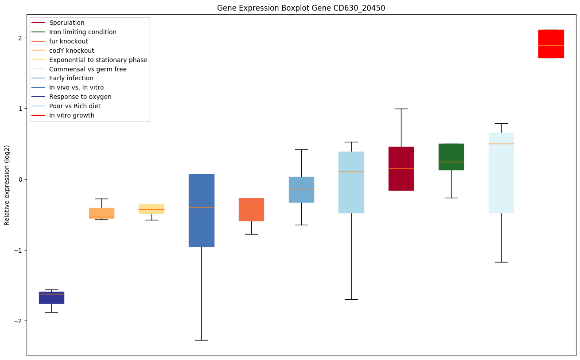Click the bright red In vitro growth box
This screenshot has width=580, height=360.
click(x=551, y=43)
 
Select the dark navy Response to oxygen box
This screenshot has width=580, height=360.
click(x=51, y=297)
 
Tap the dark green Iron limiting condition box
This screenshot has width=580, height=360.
click(x=451, y=157)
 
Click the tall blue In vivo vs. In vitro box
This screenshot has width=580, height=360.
click(x=201, y=210)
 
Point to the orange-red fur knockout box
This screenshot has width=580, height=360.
click(x=251, y=209)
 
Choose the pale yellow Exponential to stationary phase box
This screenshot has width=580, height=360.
click(x=152, y=209)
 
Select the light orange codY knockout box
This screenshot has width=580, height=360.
click(x=101, y=213)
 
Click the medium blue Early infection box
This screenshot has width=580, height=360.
click(x=301, y=189)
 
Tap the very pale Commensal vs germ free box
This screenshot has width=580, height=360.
click(x=501, y=173)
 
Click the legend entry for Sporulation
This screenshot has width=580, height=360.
click(x=67, y=23)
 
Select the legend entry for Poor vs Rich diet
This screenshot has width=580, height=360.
click(x=75, y=106)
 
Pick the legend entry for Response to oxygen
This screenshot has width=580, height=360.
click(x=80, y=97)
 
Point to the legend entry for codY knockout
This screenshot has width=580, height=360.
click(x=71, y=51)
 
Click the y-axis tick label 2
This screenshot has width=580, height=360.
click(x=19, y=38)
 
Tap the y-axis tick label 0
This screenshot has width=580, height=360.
click(x=19, y=179)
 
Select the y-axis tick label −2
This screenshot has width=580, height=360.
click(x=18, y=321)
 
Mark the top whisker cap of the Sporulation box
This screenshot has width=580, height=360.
click(x=401, y=109)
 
